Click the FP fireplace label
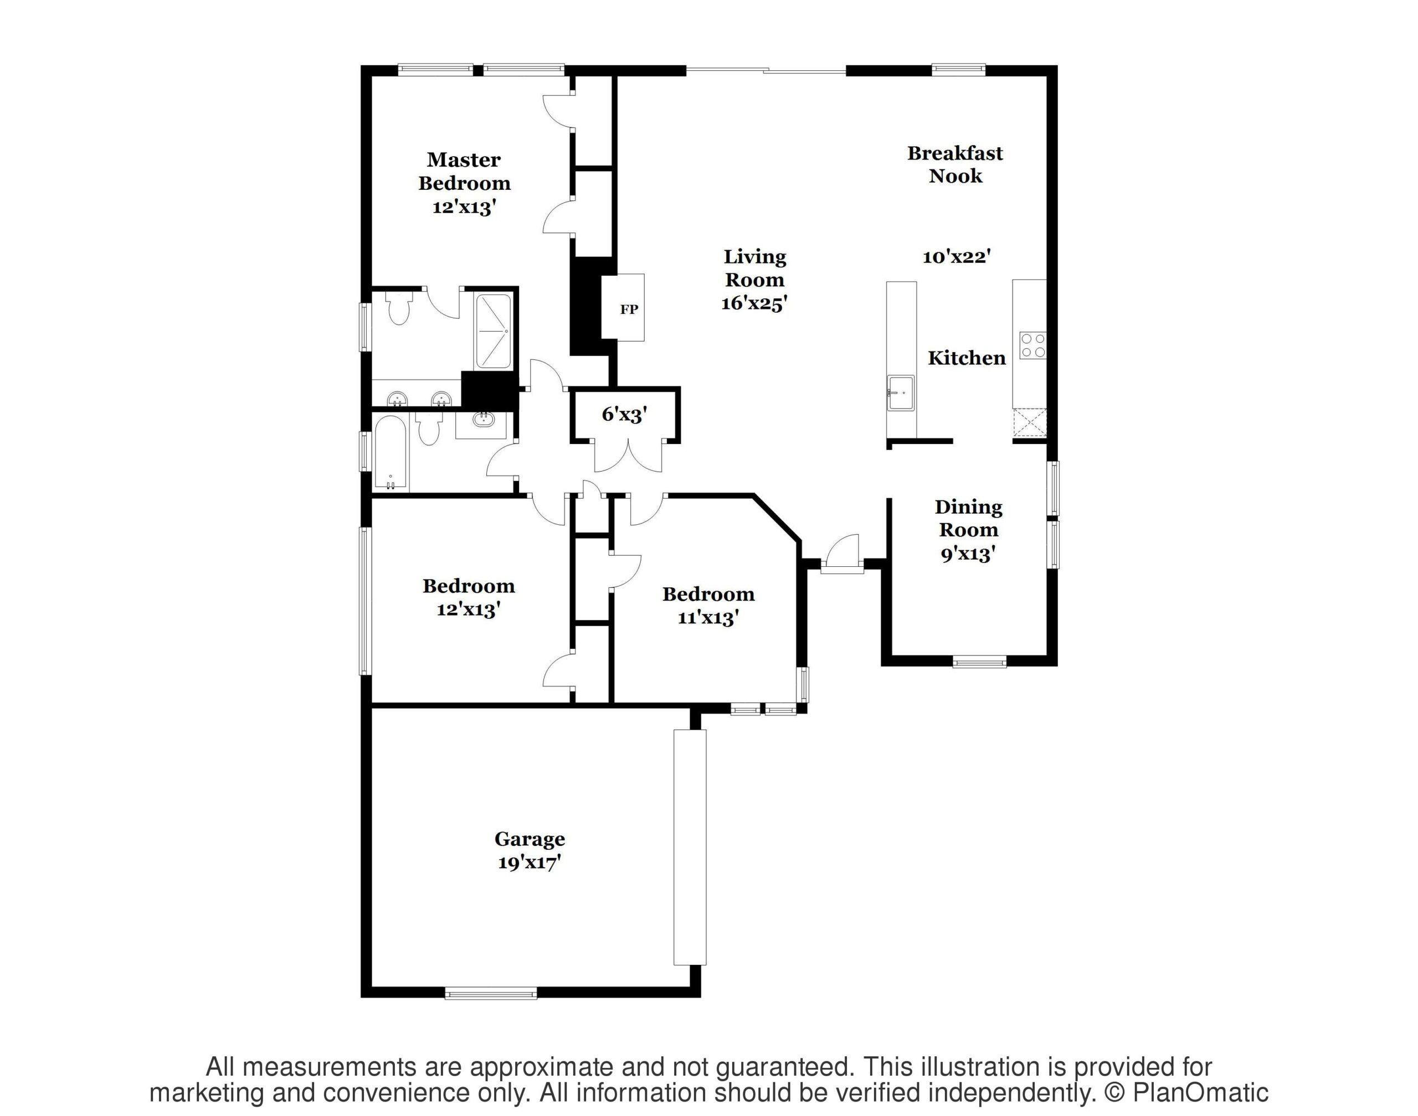(x=629, y=309)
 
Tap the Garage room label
(x=530, y=840)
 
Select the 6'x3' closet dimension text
(x=624, y=414)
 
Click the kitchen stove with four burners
(x=1032, y=345)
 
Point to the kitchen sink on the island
(x=900, y=392)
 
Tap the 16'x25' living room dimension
(x=754, y=303)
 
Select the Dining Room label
(x=968, y=518)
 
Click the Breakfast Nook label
(x=955, y=164)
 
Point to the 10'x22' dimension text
(x=957, y=257)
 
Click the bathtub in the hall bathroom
(x=391, y=452)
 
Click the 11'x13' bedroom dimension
(x=708, y=617)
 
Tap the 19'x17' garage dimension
(x=530, y=863)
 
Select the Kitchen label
(x=967, y=358)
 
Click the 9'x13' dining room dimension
(x=968, y=554)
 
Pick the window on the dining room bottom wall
(x=979, y=663)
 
